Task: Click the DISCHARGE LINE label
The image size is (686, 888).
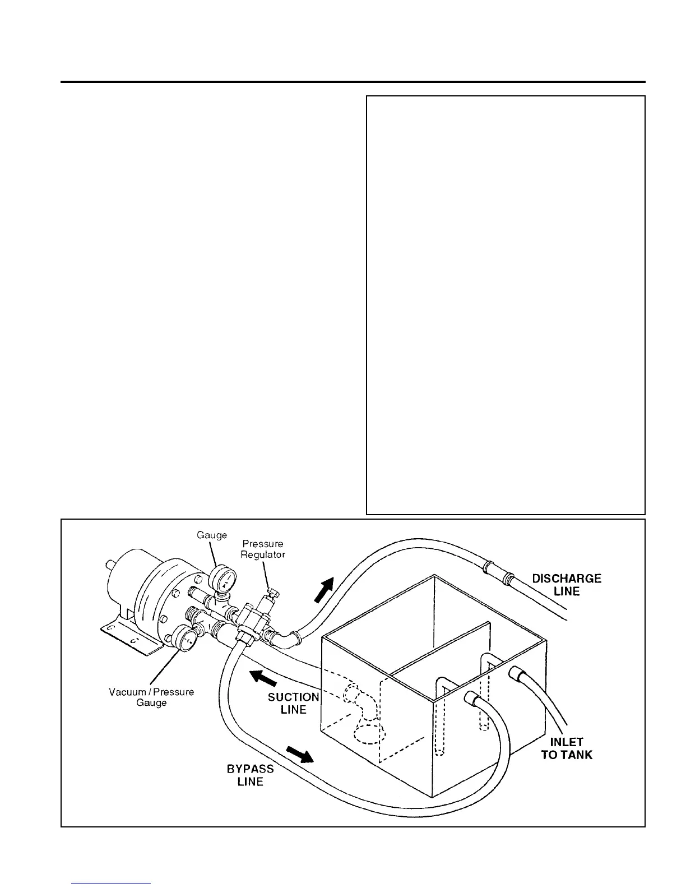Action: [x=567, y=585]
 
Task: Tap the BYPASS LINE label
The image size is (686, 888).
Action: [x=251, y=775]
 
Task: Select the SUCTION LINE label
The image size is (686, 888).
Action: [x=294, y=704]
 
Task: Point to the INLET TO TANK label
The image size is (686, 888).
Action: [x=567, y=748]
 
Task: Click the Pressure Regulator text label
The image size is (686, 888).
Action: [x=263, y=549]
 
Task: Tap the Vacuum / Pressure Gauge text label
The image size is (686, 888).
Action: [x=151, y=697]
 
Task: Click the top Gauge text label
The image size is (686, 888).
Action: [x=212, y=535]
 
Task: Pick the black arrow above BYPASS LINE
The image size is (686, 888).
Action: [x=300, y=755]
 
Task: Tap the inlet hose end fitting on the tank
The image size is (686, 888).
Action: [x=515, y=672]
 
